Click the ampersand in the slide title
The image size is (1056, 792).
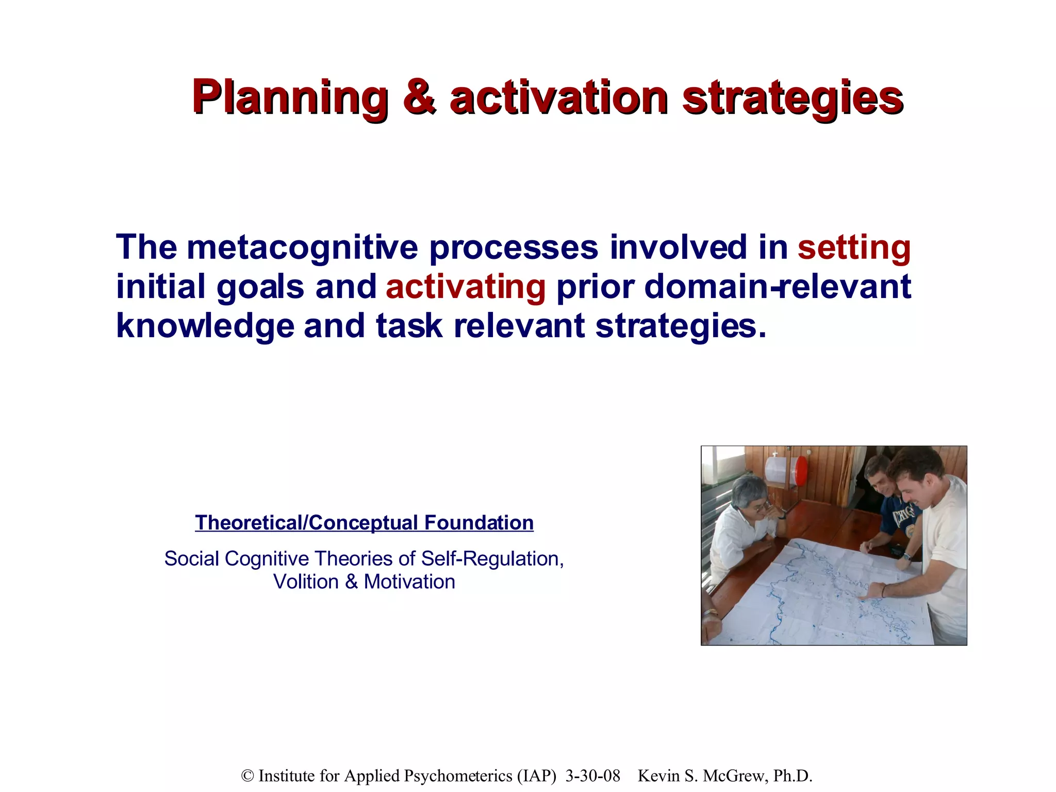pyautogui.click(x=420, y=97)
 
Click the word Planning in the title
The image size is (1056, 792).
pyautogui.click(x=290, y=97)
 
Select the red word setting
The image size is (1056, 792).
pyautogui.click(x=854, y=247)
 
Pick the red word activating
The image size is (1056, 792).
pyautogui.click(x=466, y=287)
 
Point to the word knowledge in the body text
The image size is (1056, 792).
pyautogui.click(x=205, y=326)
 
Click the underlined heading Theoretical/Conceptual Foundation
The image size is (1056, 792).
pyautogui.click(x=364, y=523)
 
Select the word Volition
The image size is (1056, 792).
pyautogui.click(x=306, y=582)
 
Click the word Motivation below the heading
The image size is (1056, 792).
pyautogui.click(x=409, y=582)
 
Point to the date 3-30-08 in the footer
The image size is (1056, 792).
pyautogui.click(x=592, y=776)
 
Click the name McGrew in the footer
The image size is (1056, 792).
pyautogui.click(x=733, y=776)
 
